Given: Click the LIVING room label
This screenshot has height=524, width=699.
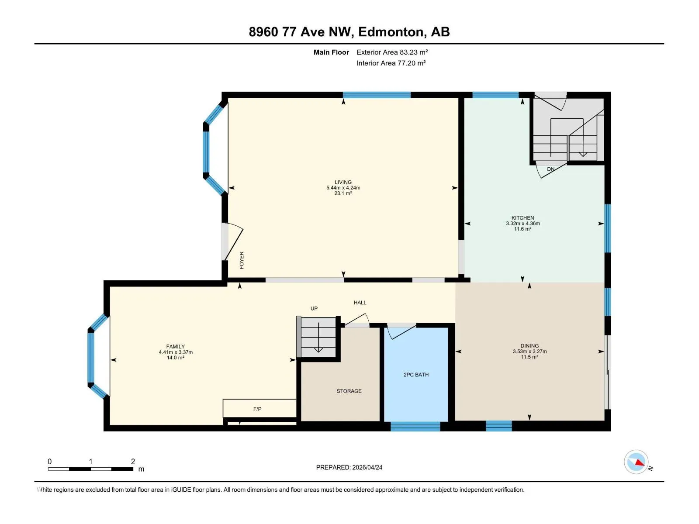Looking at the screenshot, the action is [343, 182].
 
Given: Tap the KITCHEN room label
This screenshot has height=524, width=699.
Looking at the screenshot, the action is [523, 218].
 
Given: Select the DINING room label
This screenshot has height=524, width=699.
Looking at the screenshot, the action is [529, 346].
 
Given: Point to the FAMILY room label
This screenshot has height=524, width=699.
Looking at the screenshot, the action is [176, 346].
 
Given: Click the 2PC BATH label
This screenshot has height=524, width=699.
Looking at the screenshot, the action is [416, 375].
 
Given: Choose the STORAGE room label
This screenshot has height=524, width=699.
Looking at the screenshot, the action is [349, 391].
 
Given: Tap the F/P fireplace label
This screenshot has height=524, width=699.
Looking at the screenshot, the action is [257, 409].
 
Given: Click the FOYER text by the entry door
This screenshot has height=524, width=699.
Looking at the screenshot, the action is [242, 260].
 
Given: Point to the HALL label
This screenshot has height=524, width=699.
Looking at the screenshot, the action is [360, 303].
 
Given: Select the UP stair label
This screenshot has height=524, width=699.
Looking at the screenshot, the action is [314, 308].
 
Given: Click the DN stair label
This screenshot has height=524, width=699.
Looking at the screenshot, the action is [550, 169].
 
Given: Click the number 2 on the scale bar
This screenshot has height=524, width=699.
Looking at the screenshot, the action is [133, 461].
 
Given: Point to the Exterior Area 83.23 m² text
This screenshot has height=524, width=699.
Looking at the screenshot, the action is [392, 52].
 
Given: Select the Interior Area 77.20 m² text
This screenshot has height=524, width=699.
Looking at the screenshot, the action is [391, 63].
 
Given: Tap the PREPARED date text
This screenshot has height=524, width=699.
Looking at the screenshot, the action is [349, 467].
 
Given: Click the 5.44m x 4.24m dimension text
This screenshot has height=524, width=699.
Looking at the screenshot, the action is [343, 188].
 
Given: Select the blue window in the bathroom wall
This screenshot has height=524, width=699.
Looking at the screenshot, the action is [415, 426].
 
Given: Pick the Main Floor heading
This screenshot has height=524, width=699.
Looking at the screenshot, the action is [331, 52].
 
